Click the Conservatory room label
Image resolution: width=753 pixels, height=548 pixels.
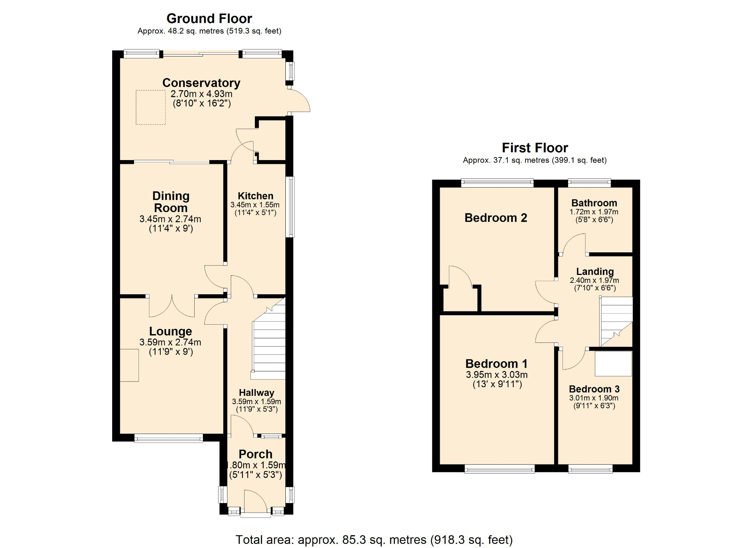coord(201,83)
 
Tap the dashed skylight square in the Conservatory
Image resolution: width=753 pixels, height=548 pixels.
coord(151,107)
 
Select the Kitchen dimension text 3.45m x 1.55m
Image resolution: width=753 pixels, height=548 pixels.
coord(255,205)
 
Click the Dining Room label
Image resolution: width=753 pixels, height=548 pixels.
coord(171,202)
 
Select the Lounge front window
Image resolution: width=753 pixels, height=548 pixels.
coord(169,438)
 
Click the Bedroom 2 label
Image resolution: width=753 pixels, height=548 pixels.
coord(495,218)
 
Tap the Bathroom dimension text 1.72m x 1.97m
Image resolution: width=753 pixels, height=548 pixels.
coord(594,212)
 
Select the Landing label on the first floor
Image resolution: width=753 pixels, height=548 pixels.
coord(595,272)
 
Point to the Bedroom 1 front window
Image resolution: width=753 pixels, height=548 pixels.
coord(499,469)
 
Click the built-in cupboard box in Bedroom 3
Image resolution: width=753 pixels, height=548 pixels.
coord(613,363)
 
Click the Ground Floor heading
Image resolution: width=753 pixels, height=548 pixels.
coord(209,18)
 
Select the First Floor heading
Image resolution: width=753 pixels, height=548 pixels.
coord(535,148)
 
